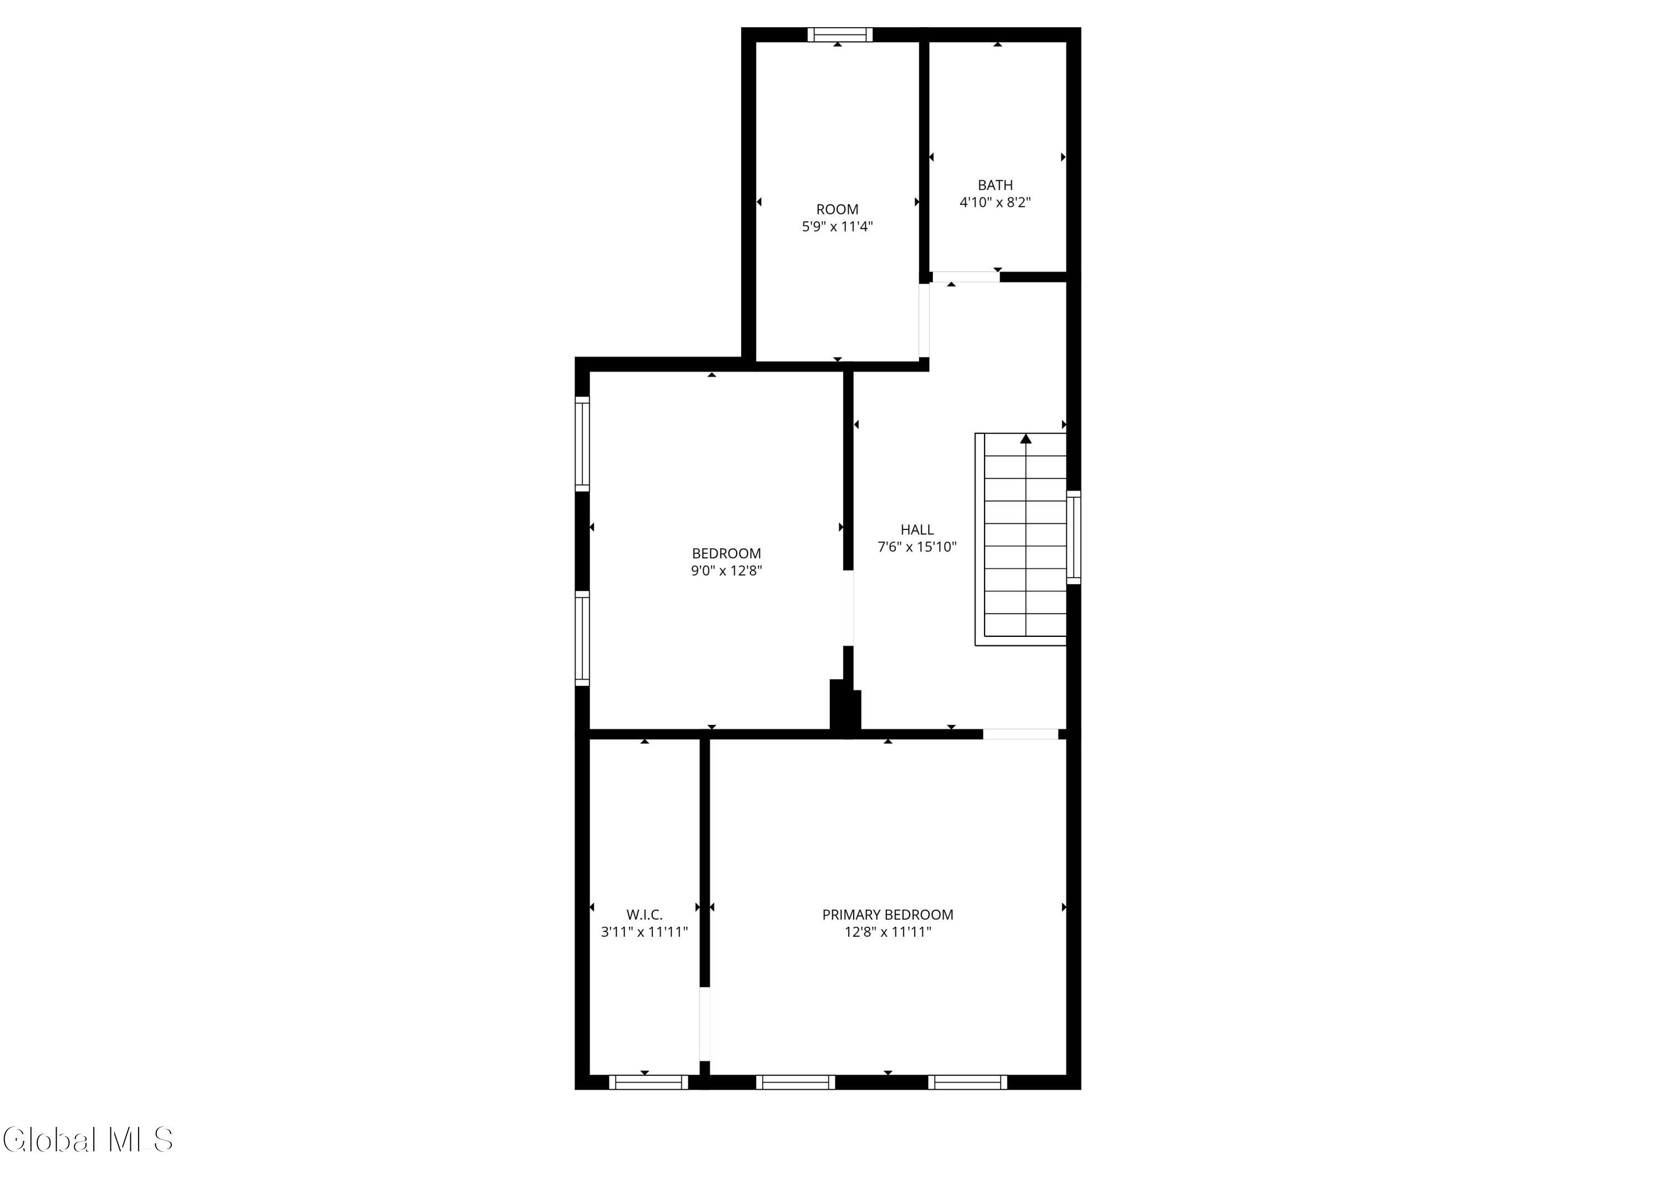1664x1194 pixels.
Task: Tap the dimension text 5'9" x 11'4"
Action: [837, 227]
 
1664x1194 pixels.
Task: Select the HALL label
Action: [917, 529]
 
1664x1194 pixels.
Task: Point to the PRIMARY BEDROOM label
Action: [888, 915]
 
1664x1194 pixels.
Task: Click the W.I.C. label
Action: [644, 915]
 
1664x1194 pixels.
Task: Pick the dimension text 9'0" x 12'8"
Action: [727, 570]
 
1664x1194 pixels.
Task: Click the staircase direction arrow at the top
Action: [1026, 438]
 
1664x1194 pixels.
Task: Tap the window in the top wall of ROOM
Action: [840, 34]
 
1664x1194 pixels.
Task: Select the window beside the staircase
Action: [1073, 537]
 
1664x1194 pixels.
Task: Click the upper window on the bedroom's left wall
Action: [582, 443]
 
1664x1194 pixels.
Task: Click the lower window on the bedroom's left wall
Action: [582, 638]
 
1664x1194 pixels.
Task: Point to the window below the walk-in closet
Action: [648, 1082]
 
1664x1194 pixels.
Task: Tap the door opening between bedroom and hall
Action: [848, 608]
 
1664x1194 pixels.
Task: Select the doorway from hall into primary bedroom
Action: [1021, 734]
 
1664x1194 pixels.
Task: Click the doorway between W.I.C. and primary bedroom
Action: [704, 1024]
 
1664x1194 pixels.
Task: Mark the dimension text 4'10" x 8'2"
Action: [995, 202]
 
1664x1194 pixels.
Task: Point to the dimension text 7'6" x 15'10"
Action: [917, 547]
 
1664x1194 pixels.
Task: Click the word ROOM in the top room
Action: [837, 210]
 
